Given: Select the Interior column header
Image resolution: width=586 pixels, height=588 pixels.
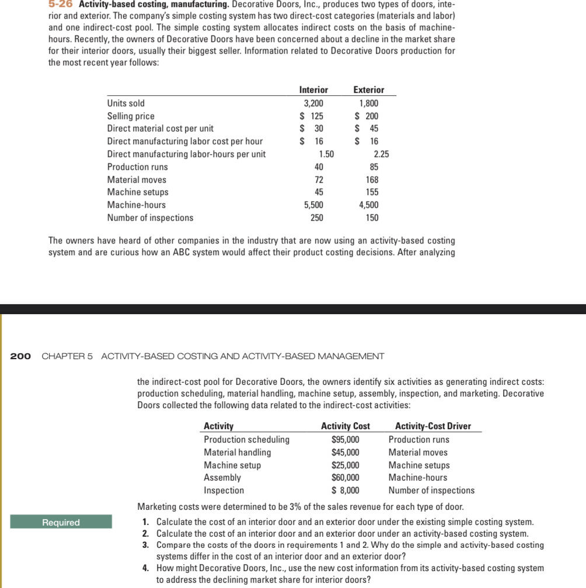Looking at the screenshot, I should pyautogui.click(x=313, y=90).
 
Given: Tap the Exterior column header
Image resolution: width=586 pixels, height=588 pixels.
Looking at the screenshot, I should pyautogui.click(x=369, y=90).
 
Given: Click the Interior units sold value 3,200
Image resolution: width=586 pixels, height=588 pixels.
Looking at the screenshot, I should pyautogui.click(x=313, y=103).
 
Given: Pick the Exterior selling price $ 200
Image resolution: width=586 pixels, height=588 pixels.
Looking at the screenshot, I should pyautogui.click(x=367, y=116).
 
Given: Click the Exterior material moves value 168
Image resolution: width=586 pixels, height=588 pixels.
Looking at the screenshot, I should pyautogui.click(x=371, y=180).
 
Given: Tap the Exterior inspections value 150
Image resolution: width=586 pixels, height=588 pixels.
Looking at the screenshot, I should pyautogui.click(x=371, y=218).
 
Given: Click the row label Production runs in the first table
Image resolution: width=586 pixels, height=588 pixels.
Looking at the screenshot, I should pyautogui.click(x=137, y=167).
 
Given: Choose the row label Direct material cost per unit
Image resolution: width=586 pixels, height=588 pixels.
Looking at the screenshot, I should pyautogui.click(x=160, y=128).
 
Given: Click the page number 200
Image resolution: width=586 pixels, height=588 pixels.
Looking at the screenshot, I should pyautogui.click(x=21, y=356).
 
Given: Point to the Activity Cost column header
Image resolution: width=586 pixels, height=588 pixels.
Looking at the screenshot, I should pyautogui.click(x=346, y=426).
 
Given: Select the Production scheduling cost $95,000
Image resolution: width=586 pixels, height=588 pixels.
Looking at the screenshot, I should pyautogui.click(x=346, y=440).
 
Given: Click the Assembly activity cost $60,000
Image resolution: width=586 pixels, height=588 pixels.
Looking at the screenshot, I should pyautogui.click(x=346, y=478).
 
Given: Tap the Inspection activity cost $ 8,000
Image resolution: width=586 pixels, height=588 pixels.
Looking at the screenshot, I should pyautogui.click(x=346, y=490).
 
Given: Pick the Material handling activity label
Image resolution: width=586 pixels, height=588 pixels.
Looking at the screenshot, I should pyautogui.click(x=237, y=453).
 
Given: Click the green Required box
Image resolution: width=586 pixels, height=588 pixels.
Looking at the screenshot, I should pyautogui.click(x=61, y=522).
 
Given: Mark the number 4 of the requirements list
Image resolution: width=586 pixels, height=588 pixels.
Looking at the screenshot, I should pyautogui.click(x=145, y=568).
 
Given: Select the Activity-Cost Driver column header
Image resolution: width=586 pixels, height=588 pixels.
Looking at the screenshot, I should pyautogui.click(x=433, y=426).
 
